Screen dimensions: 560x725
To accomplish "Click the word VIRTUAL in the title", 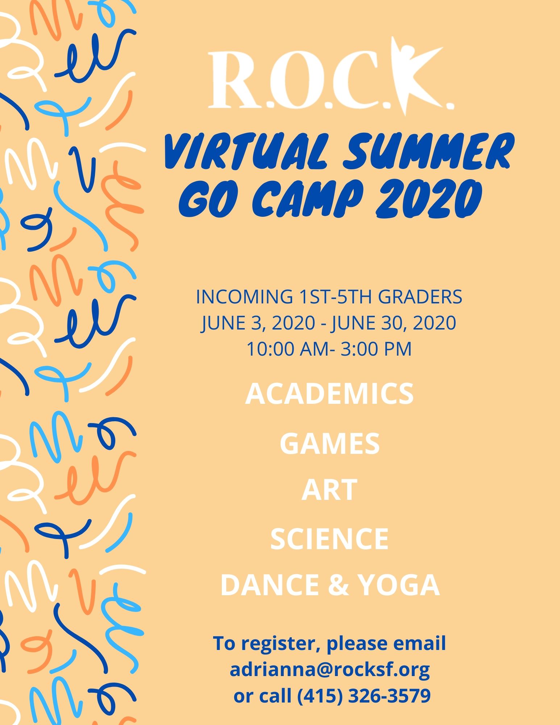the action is pos(246,152).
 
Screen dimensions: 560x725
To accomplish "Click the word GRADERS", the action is pos(420,297).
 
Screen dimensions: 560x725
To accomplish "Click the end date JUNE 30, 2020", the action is pos(394,323).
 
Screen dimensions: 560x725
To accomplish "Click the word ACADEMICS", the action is pos(329,394).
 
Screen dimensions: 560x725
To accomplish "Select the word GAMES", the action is pos(329,444).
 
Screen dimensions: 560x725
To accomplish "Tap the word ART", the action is pos(329,490).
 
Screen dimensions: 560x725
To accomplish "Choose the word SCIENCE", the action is pos(329,539).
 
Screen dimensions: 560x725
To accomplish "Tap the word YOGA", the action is pos(398,585).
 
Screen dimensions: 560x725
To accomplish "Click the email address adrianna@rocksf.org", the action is pos(329,670).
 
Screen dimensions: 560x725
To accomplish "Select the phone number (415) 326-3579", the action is pos(364,696).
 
